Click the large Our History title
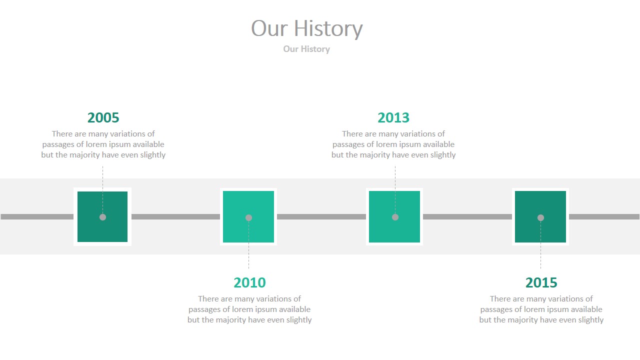306,28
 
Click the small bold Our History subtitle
306,49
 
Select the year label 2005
103,118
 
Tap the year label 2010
249,283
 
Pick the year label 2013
393,118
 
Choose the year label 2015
541,283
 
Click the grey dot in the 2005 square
102,217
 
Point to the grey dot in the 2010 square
248,217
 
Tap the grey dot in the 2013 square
395,217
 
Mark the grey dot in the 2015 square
540,217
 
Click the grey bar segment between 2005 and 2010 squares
175,217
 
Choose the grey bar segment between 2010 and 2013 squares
321,217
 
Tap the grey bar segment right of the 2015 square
604,217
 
